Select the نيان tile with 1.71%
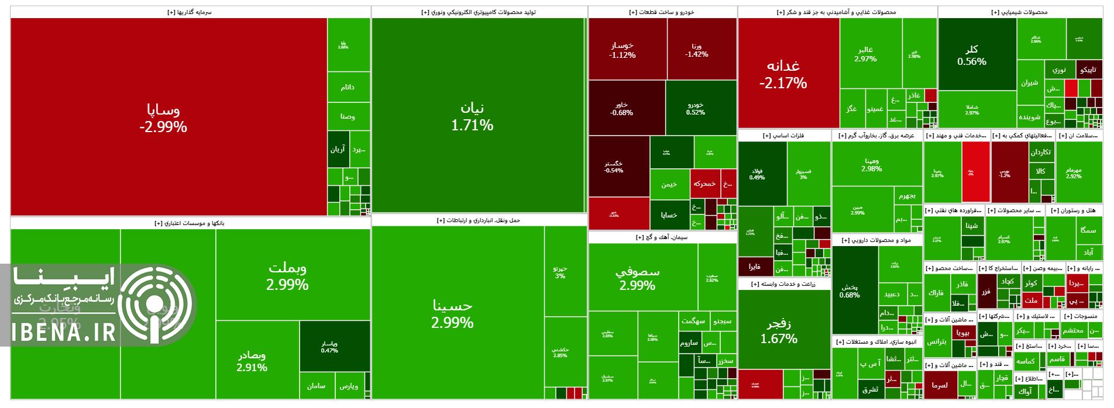click(x=478, y=116)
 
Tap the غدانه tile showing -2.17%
click(x=788, y=74)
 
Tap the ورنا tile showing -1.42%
click(x=701, y=50)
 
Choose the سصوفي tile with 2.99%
click(x=642, y=278)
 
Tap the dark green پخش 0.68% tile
click(x=854, y=291)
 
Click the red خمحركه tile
click(x=704, y=184)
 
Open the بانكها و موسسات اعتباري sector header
click(x=190, y=223)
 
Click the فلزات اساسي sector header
click(x=784, y=136)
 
